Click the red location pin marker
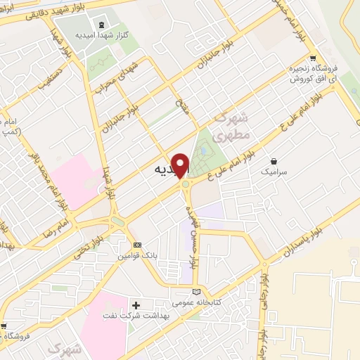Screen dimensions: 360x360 [181, 165]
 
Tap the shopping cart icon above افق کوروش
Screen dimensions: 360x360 [313, 59]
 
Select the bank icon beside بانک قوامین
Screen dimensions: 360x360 [137, 245]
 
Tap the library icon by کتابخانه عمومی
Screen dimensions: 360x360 [195, 291]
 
